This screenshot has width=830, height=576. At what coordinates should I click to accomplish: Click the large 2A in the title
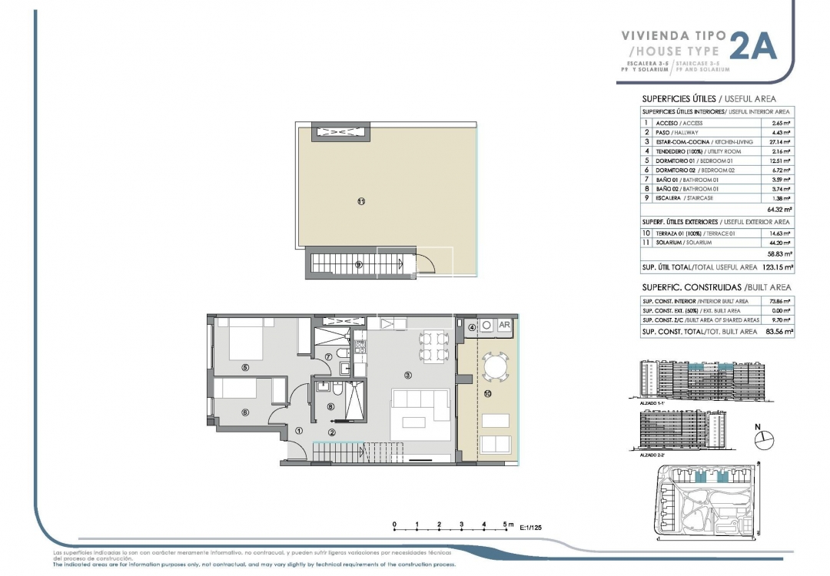752,46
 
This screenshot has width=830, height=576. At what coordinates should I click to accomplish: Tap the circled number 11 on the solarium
360,202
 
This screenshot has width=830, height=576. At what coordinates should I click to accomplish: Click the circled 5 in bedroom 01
245,367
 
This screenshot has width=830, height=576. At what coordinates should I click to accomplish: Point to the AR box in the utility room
505,325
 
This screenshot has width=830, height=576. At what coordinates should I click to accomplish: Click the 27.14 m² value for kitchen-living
781,142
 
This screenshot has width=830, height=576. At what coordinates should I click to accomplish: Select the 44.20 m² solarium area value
781,242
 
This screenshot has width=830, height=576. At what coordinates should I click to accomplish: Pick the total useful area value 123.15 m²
777,267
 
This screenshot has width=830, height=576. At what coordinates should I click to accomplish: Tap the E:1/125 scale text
536,528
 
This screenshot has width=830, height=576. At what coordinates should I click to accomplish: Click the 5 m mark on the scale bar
506,524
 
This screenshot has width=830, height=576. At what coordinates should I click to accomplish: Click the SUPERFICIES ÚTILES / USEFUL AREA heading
708,99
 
